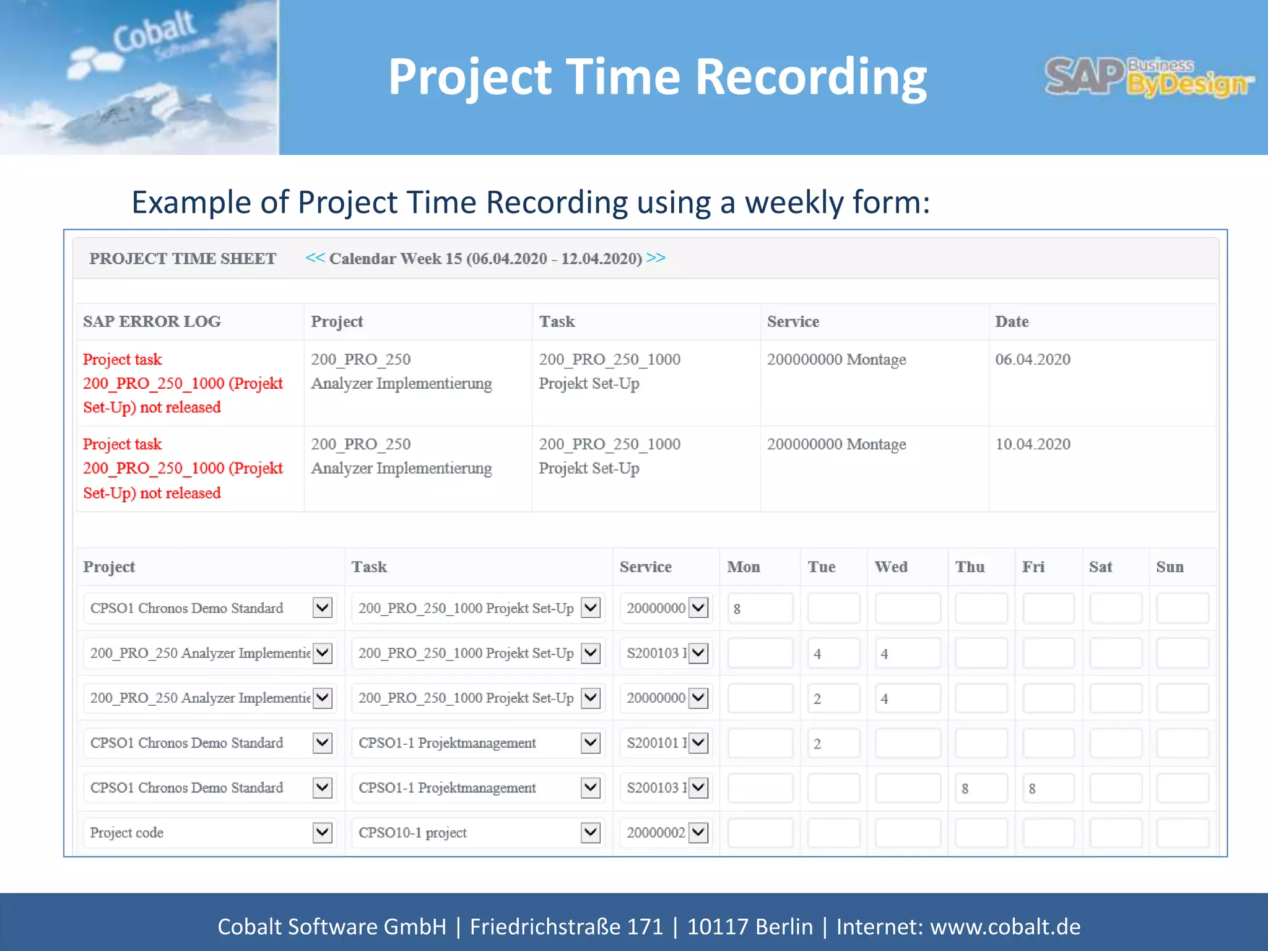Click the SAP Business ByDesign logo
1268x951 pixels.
pyautogui.click(x=1149, y=77)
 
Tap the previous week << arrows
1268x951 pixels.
pyautogui.click(x=315, y=258)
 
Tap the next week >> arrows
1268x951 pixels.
pyautogui.click(x=656, y=258)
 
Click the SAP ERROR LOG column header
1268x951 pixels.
pyautogui.click(x=152, y=321)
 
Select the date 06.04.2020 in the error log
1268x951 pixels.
pyautogui.click(x=1032, y=359)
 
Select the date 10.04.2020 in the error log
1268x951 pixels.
pyautogui.click(x=1032, y=444)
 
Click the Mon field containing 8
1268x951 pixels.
pyautogui.click(x=760, y=608)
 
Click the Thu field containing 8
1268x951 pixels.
pyautogui.click(x=981, y=788)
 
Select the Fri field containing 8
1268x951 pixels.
pyautogui.click(x=1048, y=788)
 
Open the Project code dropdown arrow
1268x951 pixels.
pyautogui.click(x=323, y=833)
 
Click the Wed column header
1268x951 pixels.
pyautogui.click(x=891, y=567)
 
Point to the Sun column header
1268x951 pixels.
pyautogui.click(x=1170, y=567)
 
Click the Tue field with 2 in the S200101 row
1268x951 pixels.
pyautogui.click(x=833, y=743)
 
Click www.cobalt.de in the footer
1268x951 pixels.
pyautogui.click(x=1005, y=926)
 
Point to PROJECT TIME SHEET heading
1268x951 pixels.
pyautogui.click(x=183, y=258)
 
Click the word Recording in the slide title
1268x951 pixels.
pyautogui.click(x=810, y=77)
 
